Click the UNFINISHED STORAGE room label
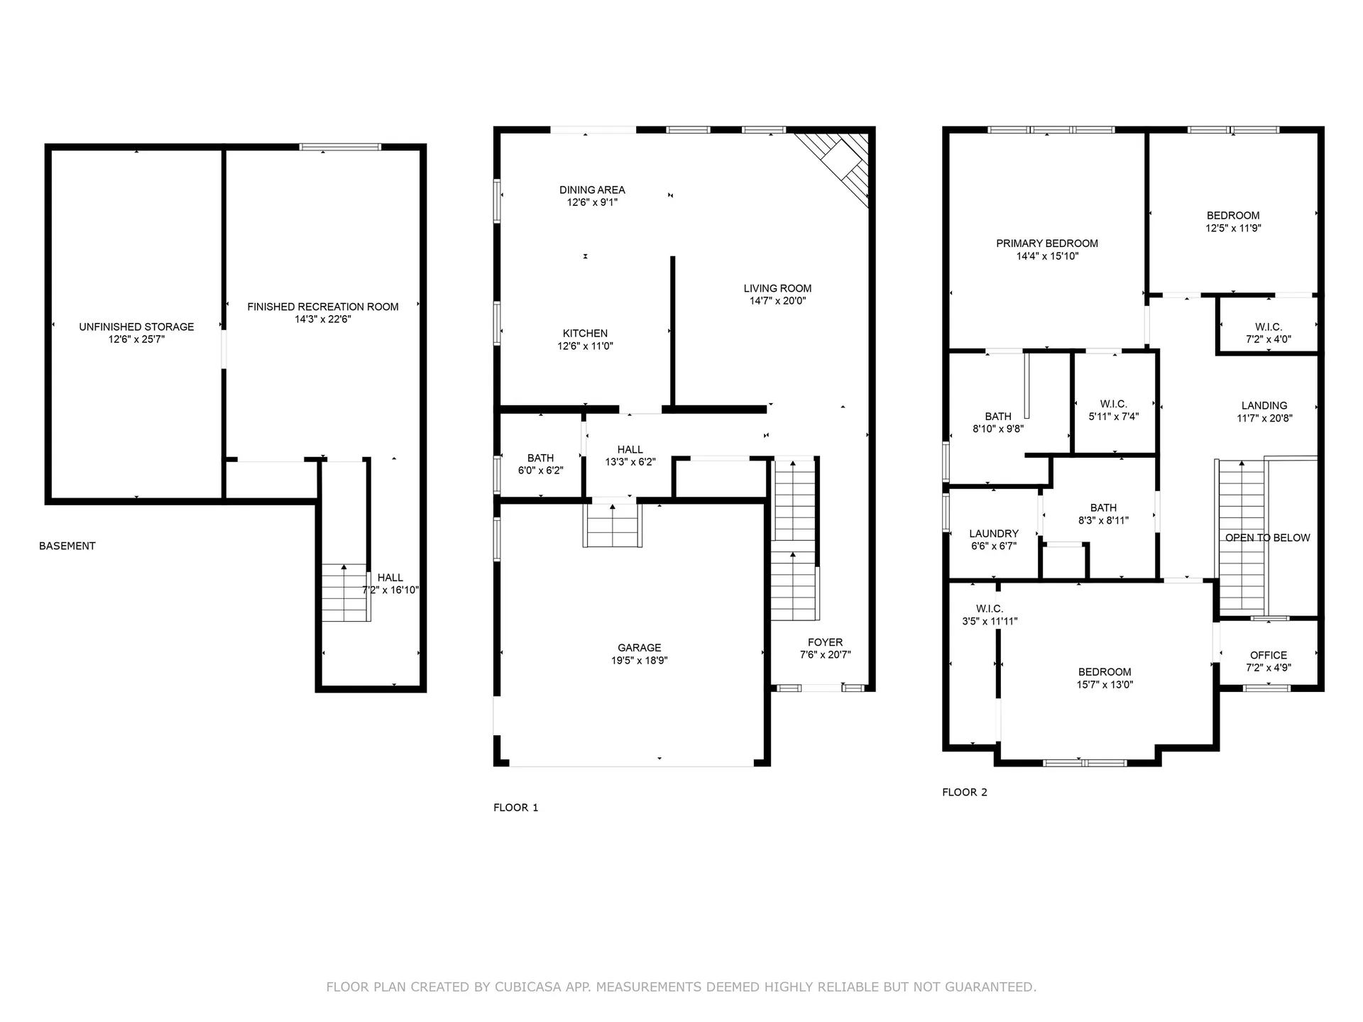(x=136, y=326)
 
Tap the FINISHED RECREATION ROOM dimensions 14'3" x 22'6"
(x=323, y=319)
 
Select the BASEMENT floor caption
(x=67, y=546)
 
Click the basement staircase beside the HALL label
(x=345, y=593)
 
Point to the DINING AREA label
(x=592, y=189)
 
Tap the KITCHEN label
(x=585, y=333)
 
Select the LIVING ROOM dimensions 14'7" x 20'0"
(x=777, y=301)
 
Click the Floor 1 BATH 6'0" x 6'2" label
(x=540, y=458)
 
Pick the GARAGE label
(x=639, y=647)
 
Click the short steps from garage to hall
(x=613, y=527)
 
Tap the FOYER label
(x=825, y=642)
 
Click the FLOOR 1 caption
(x=515, y=808)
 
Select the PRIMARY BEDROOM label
(x=1047, y=243)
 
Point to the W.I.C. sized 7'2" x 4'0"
(x=1268, y=327)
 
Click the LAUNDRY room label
(x=994, y=533)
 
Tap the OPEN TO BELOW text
(x=1267, y=538)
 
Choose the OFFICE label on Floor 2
(x=1268, y=655)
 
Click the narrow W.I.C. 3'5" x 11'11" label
(x=989, y=609)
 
